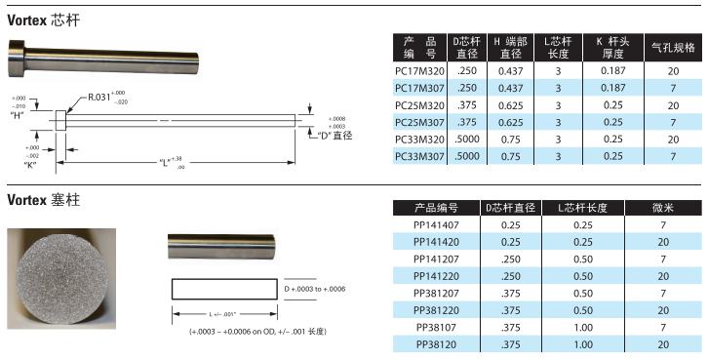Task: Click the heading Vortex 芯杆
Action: coord(43,20)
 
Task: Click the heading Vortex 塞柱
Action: coord(43,200)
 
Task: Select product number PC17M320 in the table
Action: coord(419,71)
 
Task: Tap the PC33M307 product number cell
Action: coord(419,156)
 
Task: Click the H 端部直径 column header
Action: coord(511,48)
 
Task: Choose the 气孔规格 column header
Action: coord(673,48)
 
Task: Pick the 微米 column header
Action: coord(663,208)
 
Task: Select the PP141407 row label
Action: coord(436,225)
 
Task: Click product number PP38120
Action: coord(436,344)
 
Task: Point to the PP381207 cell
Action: coord(436,294)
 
